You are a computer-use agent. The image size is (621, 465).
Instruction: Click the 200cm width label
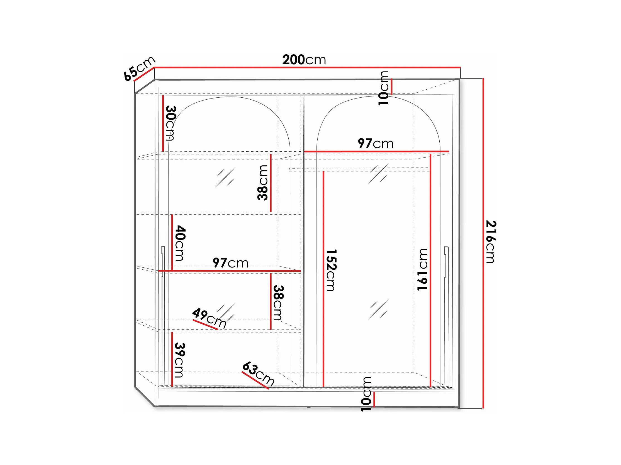point(304,60)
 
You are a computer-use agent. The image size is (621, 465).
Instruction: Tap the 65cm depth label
point(140,68)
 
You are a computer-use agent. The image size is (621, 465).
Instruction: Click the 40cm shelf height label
point(180,243)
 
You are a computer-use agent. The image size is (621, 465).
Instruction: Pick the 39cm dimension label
point(180,360)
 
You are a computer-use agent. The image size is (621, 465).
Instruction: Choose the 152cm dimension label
point(331,270)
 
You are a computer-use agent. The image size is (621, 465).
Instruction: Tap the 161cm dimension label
point(422,270)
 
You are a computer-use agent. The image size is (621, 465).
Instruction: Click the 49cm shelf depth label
point(210,318)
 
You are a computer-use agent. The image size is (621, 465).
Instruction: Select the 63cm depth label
point(258,373)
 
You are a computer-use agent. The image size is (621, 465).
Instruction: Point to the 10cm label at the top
point(383,88)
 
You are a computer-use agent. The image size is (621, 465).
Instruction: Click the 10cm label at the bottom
point(366,394)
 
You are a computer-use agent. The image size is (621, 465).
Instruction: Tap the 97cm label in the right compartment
point(376,143)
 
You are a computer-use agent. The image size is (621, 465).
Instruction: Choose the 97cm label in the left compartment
point(230,263)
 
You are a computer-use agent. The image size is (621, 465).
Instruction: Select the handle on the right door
point(447,262)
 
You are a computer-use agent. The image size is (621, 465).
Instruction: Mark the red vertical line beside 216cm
point(483,243)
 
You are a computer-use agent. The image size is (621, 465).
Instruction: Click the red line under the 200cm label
point(307,67)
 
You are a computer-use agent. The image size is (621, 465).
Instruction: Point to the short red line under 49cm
point(206,324)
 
